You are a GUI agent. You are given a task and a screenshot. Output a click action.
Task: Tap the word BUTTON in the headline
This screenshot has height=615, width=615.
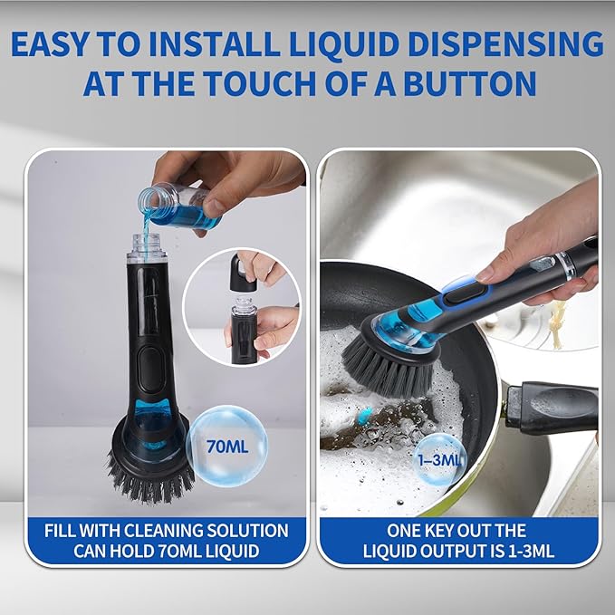click(x=470, y=83)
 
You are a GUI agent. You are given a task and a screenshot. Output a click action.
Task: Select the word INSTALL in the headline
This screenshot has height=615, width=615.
click(x=215, y=43)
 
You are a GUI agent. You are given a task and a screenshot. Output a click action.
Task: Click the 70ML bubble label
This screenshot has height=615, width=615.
click(x=227, y=447)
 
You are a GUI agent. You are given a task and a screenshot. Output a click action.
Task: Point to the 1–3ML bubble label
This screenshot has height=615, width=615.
click(x=439, y=459)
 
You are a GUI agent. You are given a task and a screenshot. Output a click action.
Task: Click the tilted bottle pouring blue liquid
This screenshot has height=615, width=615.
click(x=179, y=207)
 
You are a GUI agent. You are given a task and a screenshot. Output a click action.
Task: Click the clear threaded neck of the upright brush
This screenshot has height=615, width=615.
click(x=147, y=247)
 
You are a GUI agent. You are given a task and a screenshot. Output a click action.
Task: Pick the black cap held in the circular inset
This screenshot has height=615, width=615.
click(x=243, y=273)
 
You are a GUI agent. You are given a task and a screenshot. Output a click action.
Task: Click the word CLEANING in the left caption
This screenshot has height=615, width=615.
click(x=159, y=531)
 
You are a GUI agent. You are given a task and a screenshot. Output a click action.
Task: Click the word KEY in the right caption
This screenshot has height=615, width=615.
click(x=436, y=531)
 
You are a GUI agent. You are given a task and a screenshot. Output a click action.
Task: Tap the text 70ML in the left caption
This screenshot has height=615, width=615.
click(x=180, y=551)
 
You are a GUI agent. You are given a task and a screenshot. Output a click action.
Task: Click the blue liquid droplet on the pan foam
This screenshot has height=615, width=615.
click(x=365, y=416)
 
